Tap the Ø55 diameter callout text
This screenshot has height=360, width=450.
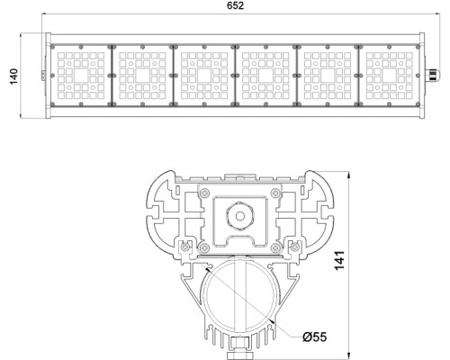pyautogui.click(x=315, y=337)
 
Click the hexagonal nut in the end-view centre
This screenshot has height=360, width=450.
pyautogui.click(x=238, y=217)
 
